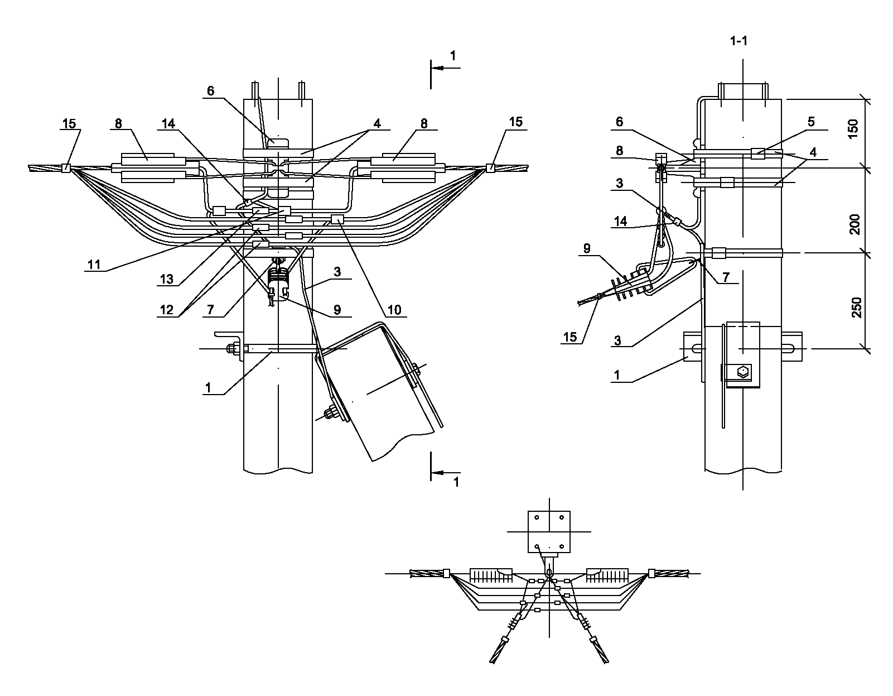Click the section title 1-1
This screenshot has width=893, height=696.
[738, 41]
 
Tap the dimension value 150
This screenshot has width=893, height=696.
[853, 129]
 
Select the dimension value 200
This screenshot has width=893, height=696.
[855, 224]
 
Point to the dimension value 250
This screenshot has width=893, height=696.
[856, 308]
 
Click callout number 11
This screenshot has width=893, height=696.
[94, 265]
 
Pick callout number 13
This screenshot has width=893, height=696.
[166, 279]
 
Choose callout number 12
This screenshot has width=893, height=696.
[166, 310]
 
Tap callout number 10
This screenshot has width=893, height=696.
[394, 310]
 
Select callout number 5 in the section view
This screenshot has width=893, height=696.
[811, 122]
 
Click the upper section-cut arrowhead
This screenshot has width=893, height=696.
[438, 68]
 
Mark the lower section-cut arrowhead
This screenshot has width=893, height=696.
[438, 473]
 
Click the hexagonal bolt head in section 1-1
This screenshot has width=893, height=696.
[743, 372]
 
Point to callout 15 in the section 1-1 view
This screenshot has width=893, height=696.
[570, 337]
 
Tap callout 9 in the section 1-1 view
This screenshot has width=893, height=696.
[587, 248]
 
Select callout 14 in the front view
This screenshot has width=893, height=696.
[168, 123]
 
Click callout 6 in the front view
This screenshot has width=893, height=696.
[211, 91]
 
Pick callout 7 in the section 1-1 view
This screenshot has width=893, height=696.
[726, 277]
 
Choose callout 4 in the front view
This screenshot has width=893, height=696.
[377, 123]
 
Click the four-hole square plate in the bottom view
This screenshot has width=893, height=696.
[549, 531]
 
